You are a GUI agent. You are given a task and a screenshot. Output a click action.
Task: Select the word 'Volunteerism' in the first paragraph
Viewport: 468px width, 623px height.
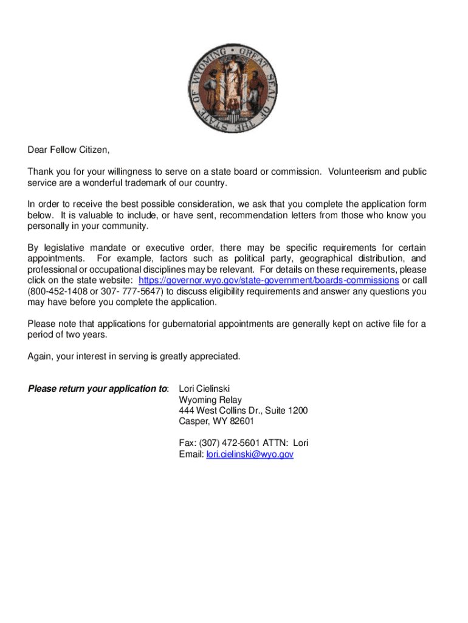click(355, 172)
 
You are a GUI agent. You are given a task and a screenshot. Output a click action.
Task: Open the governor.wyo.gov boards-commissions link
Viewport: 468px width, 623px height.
click(269, 280)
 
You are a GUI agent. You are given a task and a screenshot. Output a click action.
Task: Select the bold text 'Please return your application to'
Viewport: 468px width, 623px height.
click(98, 389)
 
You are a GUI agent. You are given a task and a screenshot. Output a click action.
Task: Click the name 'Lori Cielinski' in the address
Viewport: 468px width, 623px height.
click(204, 389)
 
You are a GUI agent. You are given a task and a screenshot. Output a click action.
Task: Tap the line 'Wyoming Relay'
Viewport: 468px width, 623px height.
click(210, 400)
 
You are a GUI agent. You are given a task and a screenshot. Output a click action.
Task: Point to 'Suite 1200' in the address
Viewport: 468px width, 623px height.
click(286, 411)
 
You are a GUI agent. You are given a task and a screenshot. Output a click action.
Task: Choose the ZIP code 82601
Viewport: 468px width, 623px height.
click(241, 422)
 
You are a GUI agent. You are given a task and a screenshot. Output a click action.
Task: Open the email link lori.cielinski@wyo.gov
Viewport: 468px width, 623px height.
click(250, 454)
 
